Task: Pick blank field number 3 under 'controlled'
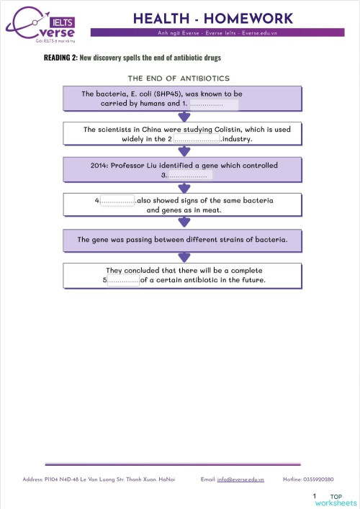(190, 175)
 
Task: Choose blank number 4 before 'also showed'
(117, 200)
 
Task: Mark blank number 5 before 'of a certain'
(123, 280)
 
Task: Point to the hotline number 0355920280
(319, 479)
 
